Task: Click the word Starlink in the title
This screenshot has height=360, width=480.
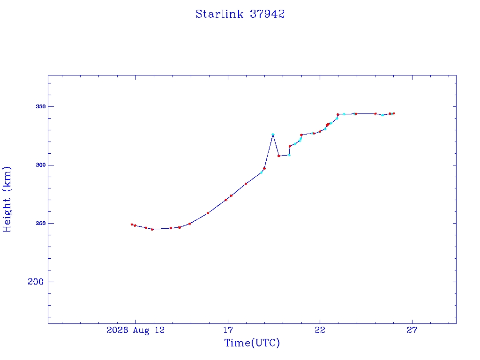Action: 219,14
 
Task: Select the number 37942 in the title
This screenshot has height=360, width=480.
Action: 267,14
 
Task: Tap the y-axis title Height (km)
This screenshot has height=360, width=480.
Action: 7,199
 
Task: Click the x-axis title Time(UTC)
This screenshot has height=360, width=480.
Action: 252,343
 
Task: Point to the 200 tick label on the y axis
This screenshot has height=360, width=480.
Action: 36,282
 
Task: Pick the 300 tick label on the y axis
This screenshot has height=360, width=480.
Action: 40,165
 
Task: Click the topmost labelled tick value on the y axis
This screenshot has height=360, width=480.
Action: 40,106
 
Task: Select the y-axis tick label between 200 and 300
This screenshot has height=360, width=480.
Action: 40,223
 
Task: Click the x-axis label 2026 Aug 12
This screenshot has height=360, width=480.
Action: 135,330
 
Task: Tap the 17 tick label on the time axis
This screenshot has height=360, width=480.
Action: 228,330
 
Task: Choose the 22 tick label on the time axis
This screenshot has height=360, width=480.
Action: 320,330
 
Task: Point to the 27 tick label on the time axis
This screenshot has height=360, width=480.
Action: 412,330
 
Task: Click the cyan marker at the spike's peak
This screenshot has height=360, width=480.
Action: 273,135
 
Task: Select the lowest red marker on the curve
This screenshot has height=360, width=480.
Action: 152,229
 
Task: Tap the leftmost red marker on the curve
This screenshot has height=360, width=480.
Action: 132,225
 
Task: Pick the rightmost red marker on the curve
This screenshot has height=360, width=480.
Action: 394,113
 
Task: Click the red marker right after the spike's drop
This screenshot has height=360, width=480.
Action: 279,156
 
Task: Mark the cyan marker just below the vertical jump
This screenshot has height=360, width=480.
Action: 289,155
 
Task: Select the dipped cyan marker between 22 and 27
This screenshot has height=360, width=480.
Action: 382,115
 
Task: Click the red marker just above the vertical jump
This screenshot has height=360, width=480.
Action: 290,146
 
